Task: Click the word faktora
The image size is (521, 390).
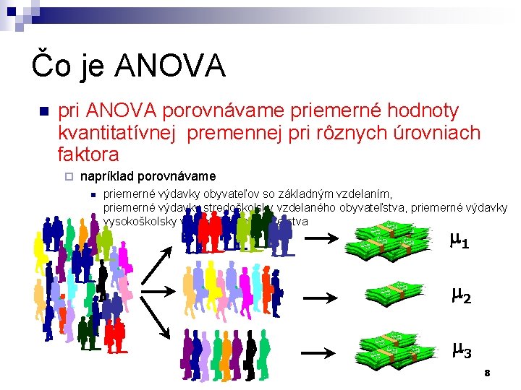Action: [x=88, y=154]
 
